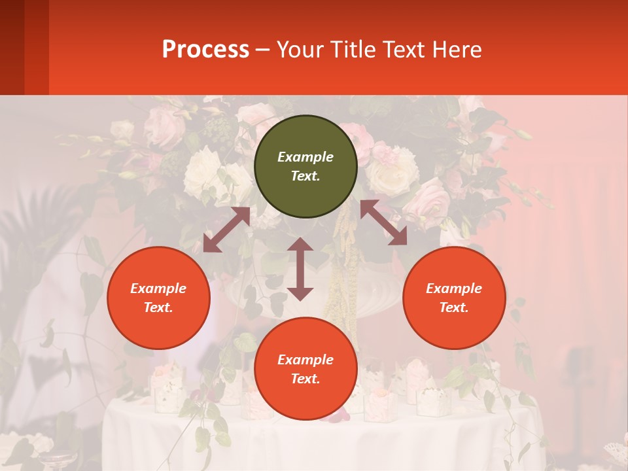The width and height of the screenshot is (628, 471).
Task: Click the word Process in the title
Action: click(x=205, y=50)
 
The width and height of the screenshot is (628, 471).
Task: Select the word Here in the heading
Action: click(x=457, y=50)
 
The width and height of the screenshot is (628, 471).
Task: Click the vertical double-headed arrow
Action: click(x=300, y=269)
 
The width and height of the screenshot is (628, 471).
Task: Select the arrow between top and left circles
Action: click(x=227, y=230)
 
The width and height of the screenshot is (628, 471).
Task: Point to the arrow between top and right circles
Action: click(x=383, y=222)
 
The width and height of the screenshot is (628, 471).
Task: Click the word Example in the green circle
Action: click(x=305, y=157)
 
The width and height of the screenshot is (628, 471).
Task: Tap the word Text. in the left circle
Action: click(x=158, y=307)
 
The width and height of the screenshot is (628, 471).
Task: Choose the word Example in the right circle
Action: click(x=454, y=288)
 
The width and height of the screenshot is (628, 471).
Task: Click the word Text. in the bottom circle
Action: click(x=305, y=379)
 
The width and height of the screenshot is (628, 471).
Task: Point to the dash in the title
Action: click(x=263, y=50)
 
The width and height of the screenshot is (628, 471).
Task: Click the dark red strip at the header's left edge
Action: click(x=12, y=47)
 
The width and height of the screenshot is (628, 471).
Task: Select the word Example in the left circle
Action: click(x=158, y=288)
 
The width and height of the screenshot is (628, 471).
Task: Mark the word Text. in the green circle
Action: click(x=305, y=176)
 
